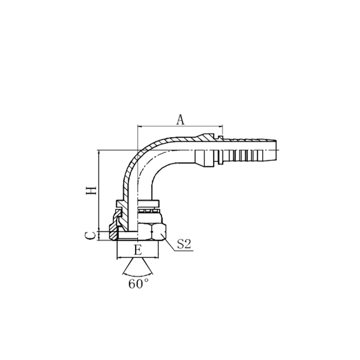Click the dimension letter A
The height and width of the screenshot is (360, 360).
[x=180, y=119]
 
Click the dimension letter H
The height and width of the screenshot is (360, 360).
[x=91, y=190]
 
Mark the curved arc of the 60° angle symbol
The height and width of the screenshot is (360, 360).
[x=138, y=272]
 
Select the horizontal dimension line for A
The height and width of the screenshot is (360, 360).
[x=180, y=127]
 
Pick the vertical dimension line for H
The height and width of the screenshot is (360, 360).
[x=98, y=192]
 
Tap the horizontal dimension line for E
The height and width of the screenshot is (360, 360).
[x=139, y=257]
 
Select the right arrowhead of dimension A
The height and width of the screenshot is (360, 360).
[x=220, y=127]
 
